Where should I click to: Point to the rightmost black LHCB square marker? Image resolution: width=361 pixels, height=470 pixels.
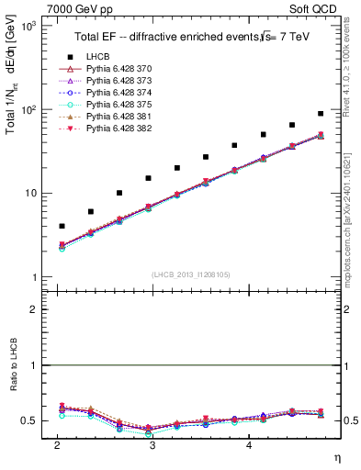(321, 114)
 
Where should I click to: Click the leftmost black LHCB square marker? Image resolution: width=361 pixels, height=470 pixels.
(62, 226)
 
